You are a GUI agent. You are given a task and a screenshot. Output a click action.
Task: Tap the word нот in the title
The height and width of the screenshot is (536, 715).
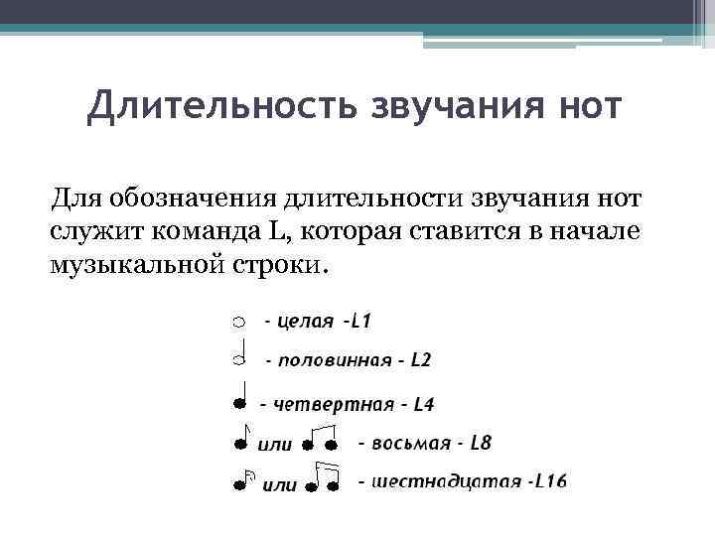(590, 106)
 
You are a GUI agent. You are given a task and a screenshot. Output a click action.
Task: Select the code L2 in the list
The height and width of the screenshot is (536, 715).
(420, 359)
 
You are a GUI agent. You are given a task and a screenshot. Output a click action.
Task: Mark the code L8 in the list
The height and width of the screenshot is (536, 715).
(480, 443)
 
